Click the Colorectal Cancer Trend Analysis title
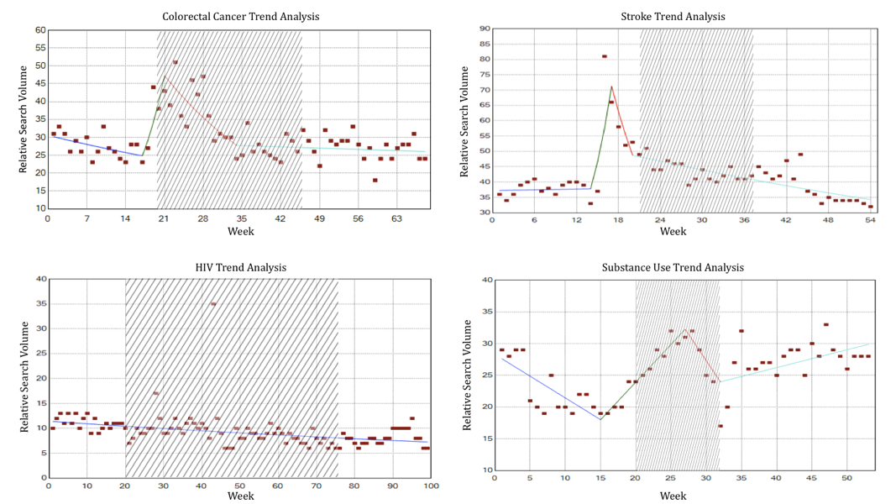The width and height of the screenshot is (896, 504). (240, 17)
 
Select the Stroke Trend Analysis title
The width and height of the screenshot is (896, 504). (673, 17)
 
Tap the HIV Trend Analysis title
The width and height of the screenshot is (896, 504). (241, 268)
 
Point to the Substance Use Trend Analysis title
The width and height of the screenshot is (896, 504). (673, 268)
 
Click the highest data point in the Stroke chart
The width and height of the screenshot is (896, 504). (605, 56)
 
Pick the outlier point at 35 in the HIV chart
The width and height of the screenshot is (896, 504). (213, 303)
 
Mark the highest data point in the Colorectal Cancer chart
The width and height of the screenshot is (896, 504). (176, 62)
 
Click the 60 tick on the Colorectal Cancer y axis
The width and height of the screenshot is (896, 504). (39, 30)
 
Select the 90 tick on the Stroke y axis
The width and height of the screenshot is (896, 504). (485, 29)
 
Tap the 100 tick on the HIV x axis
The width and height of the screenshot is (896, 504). (430, 486)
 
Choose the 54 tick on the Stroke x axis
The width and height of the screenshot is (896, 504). (870, 221)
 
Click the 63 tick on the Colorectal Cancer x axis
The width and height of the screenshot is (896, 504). (397, 218)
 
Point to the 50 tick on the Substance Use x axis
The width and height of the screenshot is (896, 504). (847, 478)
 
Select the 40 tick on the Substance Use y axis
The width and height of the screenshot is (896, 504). (485, 280)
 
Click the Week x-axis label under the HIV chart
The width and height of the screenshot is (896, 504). (240, 496)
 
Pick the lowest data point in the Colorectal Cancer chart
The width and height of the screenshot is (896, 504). (375, 180)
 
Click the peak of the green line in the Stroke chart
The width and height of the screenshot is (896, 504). (611, 86)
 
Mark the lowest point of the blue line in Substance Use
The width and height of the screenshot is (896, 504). (600, 419)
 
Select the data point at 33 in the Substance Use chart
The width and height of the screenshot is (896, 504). (826, 324)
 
